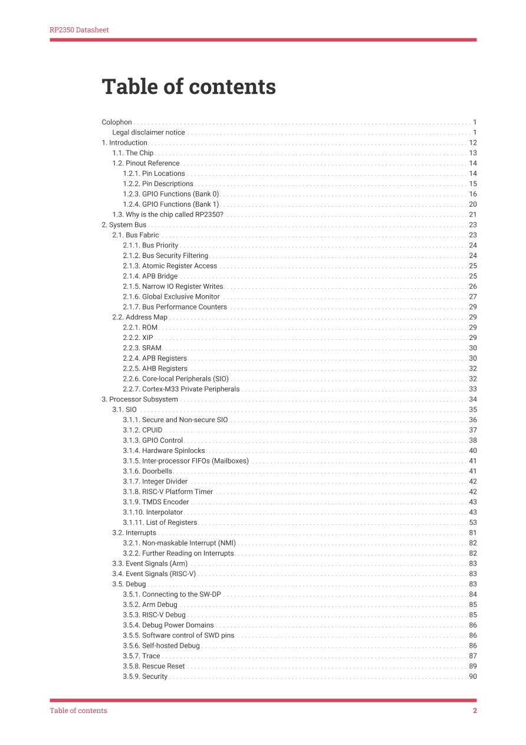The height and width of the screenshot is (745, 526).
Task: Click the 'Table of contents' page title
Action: point(189,87)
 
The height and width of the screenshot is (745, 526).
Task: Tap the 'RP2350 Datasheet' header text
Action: point(79,30)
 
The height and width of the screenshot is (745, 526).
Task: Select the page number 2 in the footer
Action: point(475,711)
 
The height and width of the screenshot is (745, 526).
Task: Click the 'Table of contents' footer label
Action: point(78,711)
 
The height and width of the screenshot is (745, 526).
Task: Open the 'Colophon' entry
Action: point(117,122)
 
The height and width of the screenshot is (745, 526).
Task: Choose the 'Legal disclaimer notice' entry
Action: point(149,133)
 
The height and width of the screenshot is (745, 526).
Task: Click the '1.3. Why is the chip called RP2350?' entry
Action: point(168,215)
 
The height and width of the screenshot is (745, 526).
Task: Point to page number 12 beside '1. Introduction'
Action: point(472,143)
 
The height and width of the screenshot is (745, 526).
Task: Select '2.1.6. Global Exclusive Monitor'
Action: point(171,297)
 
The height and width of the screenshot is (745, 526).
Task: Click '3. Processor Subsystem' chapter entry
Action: point(140,400)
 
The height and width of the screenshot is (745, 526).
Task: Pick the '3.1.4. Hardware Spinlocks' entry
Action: point(164,451)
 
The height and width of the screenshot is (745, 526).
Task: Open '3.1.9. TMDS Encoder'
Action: point(156,502)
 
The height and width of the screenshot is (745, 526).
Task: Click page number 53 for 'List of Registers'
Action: point(472,522)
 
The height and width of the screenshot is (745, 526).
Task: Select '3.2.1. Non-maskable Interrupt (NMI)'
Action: point(179,543)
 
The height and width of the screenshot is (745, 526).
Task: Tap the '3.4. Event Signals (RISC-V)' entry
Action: point(154,574)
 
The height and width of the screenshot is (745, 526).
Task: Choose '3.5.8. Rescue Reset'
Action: point(154,666)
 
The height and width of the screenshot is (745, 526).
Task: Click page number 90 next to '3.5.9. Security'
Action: point(472,677)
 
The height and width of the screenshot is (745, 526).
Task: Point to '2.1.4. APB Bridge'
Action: point(150,276)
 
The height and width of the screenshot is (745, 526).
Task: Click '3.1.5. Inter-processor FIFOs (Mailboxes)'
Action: point(186,461)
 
